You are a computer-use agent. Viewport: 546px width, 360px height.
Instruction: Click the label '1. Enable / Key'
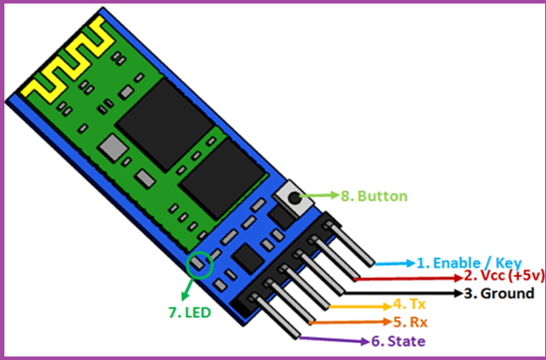(x=469, y=262)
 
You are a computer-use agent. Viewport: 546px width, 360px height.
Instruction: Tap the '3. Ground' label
(x=498, y=292)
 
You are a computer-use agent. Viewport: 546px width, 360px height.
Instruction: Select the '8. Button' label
(x=373, y=195)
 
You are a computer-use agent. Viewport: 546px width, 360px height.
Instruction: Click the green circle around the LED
(x=200, y=262)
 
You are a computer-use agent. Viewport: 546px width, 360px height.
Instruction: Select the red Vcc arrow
(x=413, y=276)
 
